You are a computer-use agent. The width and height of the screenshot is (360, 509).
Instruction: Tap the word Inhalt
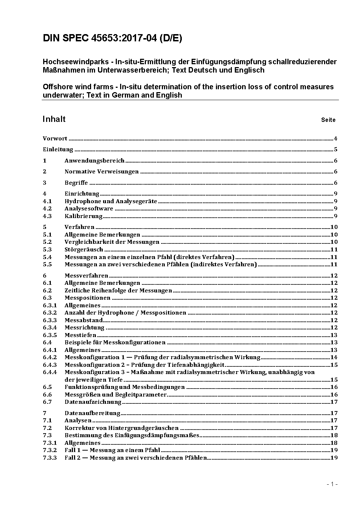point(54,119)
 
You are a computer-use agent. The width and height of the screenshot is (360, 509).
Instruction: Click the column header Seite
point(328,120)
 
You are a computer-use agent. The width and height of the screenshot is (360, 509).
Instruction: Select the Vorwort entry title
point(55,139)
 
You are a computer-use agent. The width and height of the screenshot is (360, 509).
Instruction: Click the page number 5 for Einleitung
point(336,149)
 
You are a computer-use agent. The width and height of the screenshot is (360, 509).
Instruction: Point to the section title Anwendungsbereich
point(94,161)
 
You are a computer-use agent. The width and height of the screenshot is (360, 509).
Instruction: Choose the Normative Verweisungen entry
point(102,172)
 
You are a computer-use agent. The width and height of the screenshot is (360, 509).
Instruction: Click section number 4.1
point(47,201)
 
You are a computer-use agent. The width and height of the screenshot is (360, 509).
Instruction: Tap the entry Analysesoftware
point(89,209)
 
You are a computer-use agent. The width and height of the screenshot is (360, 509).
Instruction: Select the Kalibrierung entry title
point(83,216)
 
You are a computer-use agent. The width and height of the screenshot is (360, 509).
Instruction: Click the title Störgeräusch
point(84,250)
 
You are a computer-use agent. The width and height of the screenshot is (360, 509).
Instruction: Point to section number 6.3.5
point(50,335)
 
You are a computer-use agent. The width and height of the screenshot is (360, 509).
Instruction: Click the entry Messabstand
point(83,320)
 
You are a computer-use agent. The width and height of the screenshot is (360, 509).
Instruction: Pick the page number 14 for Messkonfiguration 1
point(334,357)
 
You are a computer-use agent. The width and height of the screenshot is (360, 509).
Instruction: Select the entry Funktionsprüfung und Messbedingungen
point(124,387)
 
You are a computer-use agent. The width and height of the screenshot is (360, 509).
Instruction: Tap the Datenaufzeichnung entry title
point(93,402)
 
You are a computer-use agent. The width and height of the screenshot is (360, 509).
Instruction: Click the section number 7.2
point(47,428)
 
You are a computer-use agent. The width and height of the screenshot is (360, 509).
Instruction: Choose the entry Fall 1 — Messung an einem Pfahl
point(112,450)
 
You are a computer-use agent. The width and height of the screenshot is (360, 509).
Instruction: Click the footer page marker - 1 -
point(332,484)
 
